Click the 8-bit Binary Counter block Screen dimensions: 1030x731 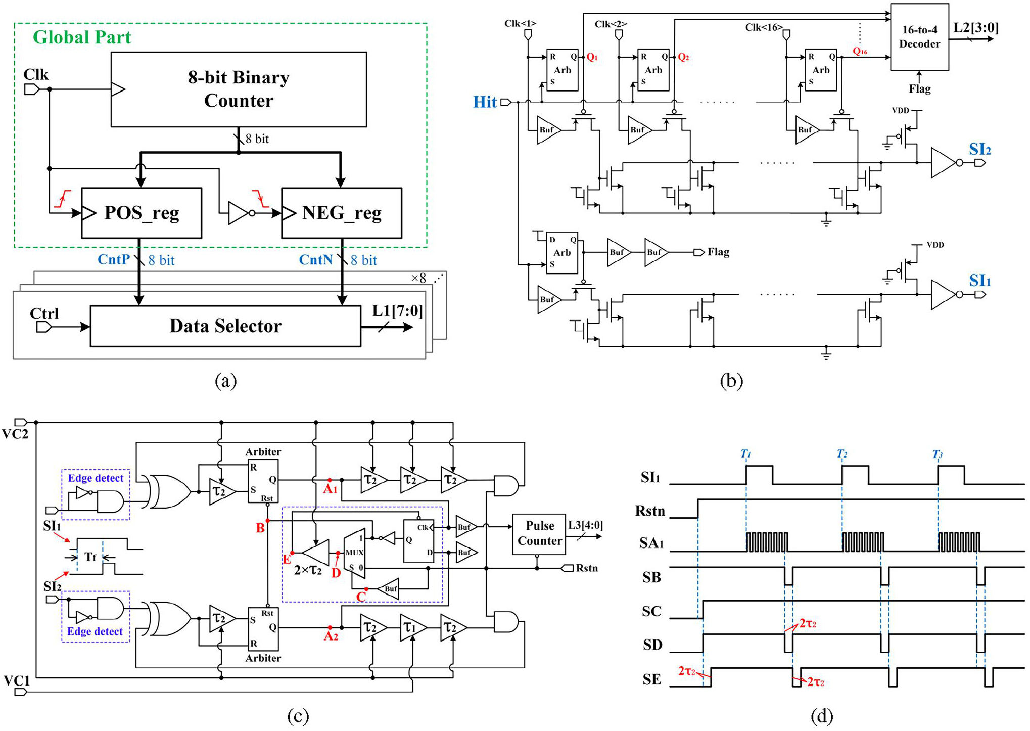coord(239,89)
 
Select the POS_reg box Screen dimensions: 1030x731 coord(142,213)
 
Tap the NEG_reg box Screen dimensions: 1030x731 coord(342,213)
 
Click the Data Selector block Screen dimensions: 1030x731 coord(225,326)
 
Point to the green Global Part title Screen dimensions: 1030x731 coord(82,37)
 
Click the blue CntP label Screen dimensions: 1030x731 coord(114,259)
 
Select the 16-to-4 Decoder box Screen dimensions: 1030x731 coord(919,37)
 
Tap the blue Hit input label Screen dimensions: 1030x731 coord(485,102)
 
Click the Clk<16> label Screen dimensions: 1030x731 coord(764,27)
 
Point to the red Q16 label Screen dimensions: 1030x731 coord(860,51)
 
